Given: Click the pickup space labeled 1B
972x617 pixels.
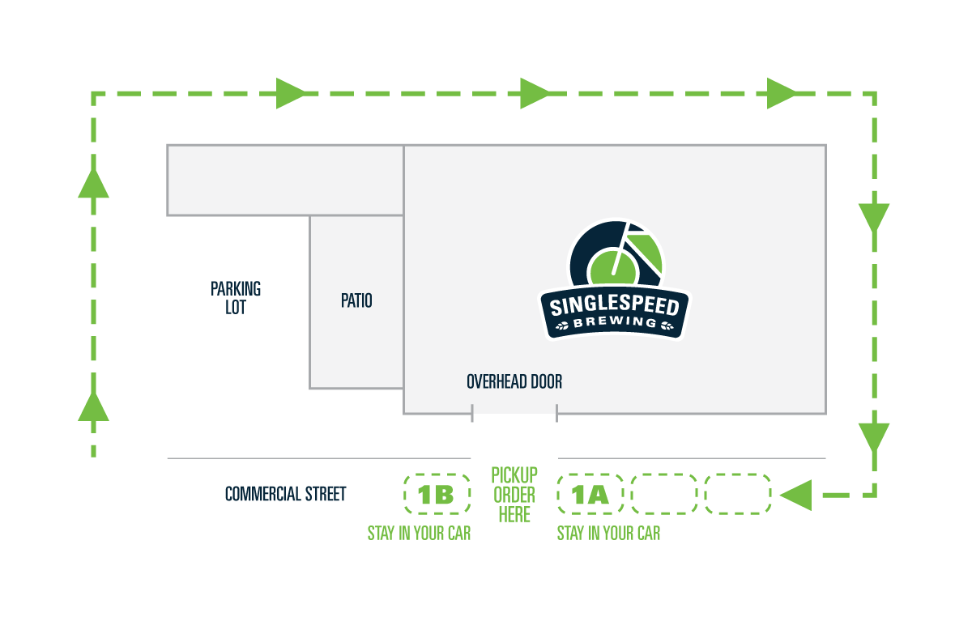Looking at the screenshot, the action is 437,494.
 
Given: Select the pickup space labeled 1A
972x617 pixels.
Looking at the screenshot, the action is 590,494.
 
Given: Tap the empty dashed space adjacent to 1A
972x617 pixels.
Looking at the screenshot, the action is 664,494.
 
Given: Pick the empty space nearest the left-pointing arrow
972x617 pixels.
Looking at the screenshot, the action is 738,494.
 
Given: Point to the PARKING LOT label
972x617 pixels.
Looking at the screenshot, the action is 236,298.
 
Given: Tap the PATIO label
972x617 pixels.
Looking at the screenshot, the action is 356,300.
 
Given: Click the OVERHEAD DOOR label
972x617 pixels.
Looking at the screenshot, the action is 514,382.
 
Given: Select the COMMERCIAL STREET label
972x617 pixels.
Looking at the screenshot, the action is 285,494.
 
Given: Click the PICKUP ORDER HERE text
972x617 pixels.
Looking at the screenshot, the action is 514,495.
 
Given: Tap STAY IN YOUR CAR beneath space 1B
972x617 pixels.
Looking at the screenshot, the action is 420,534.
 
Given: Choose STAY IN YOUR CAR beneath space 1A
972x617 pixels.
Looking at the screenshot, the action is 608,534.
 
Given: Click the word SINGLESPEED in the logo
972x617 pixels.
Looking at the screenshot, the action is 615,305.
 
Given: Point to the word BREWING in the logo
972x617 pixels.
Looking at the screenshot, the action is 615,322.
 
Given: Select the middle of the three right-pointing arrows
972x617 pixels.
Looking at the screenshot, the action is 535,93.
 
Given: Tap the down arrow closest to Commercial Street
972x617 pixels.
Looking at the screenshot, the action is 874,438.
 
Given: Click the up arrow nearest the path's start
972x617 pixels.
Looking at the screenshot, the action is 93,406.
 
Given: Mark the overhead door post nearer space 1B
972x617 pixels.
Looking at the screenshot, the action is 472,413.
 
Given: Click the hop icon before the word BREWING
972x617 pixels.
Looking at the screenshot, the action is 562,326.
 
